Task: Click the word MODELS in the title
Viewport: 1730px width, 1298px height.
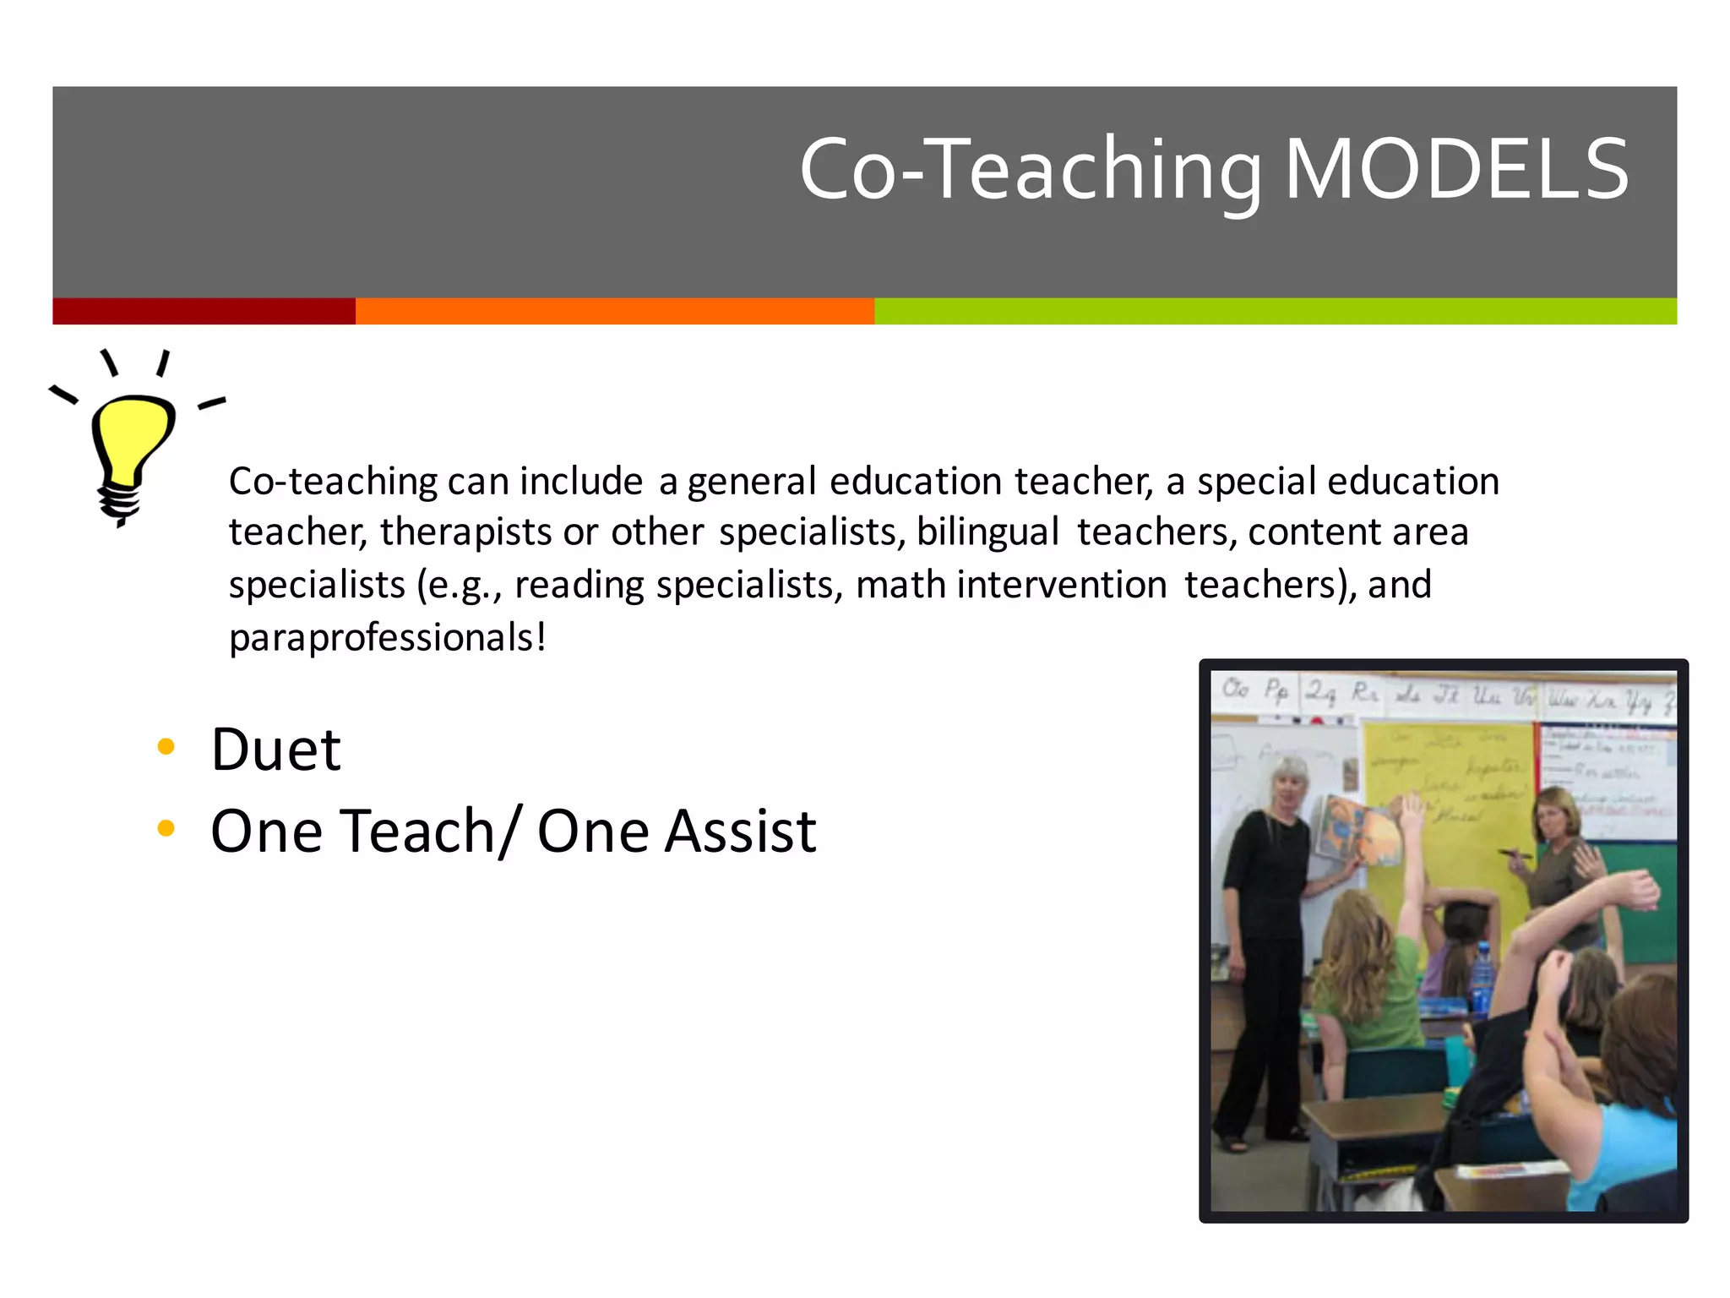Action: coord(1456,170)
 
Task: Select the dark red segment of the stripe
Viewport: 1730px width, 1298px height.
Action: coord(204,311)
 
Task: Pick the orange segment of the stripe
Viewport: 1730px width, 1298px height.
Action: coord(614,311)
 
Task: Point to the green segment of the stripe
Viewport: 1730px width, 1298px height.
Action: coord(1275,311)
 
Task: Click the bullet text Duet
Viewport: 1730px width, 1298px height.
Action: coord(275,750)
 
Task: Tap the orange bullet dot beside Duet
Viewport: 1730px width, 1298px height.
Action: coord(166,746)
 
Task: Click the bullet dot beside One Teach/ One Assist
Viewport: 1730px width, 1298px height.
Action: coord(166,828)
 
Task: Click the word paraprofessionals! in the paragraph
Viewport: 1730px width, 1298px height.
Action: coord(388,637)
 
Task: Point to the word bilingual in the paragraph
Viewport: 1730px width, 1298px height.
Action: coord(987,532)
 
